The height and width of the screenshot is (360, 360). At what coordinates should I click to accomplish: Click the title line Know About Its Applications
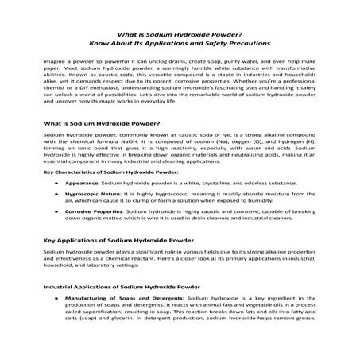pyautogui.click(x=179, y=42)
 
